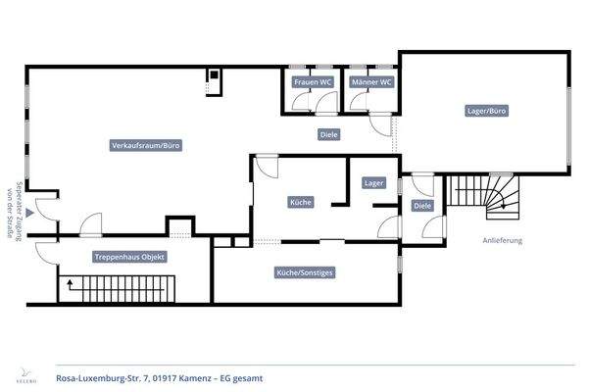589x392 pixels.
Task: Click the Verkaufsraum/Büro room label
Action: (x=146, y=145)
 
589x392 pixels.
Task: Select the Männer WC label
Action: (x=372, y=83)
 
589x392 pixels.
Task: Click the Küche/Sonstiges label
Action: (x=307, y=272)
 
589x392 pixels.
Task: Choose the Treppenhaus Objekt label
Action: (x=129, y=257)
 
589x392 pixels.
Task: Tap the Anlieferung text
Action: (x=502, y=240)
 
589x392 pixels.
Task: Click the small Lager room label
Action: (x=373, y=182)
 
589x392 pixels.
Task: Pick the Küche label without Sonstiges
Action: (x=301, y=203)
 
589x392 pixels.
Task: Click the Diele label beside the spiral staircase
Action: (x=422, y=206)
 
